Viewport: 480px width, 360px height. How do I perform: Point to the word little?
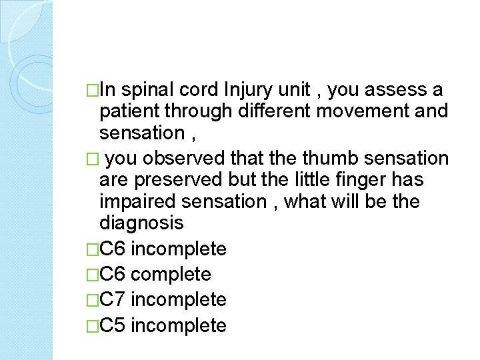pos(320,180)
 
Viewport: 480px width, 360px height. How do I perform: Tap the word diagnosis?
pos(141,223)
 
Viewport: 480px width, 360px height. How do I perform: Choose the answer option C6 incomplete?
pos(163,249)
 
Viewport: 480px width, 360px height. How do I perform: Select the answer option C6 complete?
pos(155,275)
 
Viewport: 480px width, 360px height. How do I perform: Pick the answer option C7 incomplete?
pos(163,300)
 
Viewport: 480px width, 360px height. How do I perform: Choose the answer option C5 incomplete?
pos(163,325)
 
